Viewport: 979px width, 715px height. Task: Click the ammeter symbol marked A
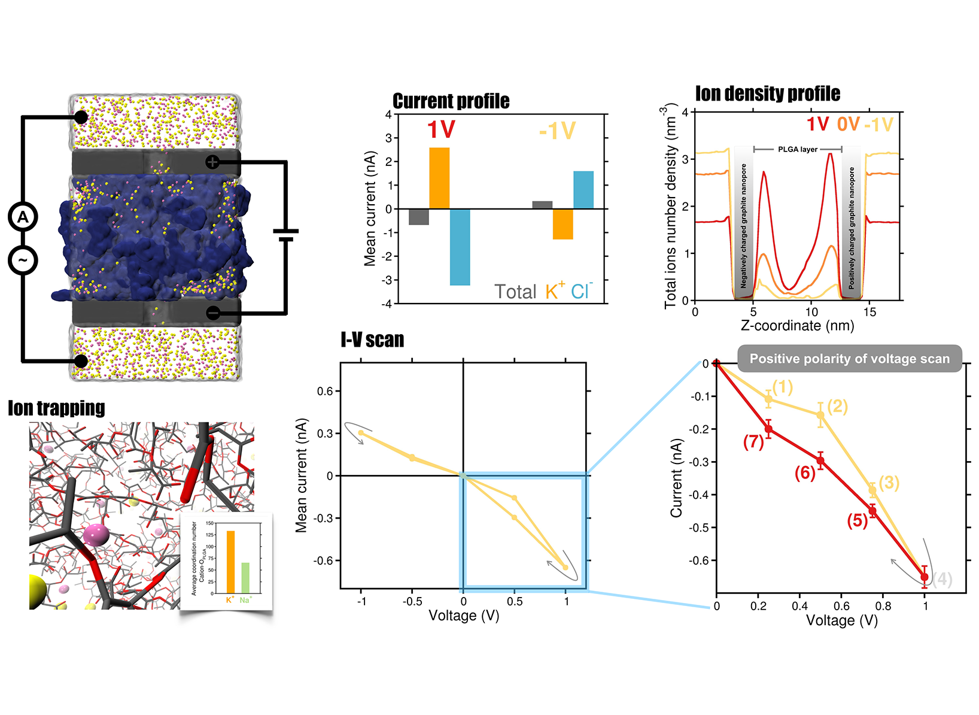(23, 217)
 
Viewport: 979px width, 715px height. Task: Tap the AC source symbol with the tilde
(23, 260)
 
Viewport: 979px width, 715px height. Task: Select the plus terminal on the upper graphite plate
(212, 162)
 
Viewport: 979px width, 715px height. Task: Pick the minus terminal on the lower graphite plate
(213, 313)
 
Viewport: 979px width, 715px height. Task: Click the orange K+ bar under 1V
(439, 178)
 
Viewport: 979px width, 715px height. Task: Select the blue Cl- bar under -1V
(583, 190)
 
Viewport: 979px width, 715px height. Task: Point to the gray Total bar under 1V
(419, 217)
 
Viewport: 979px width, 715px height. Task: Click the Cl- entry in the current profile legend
(581, 292)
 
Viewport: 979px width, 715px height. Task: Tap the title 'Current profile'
(451, 101)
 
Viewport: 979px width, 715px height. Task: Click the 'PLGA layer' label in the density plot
(797, 149)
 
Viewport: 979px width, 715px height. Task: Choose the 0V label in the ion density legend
(848, 125)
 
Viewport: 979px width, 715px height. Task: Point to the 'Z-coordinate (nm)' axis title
(797, 326)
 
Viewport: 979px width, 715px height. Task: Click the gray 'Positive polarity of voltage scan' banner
(849, 359)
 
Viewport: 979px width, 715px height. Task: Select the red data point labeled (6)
(820, 460)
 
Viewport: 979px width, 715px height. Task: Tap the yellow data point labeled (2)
(820, 415)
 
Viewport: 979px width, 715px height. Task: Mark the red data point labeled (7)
(768, 429)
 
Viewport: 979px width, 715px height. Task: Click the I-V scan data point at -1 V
(361, 433)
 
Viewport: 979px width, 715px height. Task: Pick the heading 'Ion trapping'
(56, 408)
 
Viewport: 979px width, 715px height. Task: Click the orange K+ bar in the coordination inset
(230, 562)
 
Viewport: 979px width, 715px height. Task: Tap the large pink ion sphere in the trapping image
(96, 534)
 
